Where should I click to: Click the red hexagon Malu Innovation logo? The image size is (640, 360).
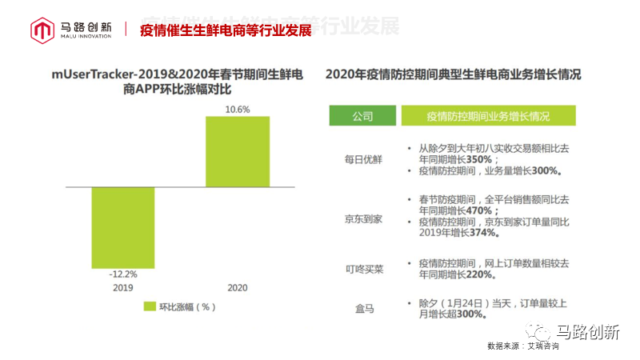[42, 30]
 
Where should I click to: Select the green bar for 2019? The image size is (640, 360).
[122, 227]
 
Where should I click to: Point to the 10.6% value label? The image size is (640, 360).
[238, 109]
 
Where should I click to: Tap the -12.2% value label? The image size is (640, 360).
[122, 274]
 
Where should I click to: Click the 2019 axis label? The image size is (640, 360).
[122, 287]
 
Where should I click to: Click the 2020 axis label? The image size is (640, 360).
[238, 287]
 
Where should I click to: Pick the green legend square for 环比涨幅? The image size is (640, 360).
[150, 306]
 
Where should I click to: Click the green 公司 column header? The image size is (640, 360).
[362, 116]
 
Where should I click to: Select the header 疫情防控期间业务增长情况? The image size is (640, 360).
[488, 116]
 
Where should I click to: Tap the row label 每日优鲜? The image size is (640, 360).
[363, 159]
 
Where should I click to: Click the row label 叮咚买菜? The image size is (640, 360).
[363, 269]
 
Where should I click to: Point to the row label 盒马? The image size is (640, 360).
[363, 308]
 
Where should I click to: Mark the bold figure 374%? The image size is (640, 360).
[486, 233]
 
